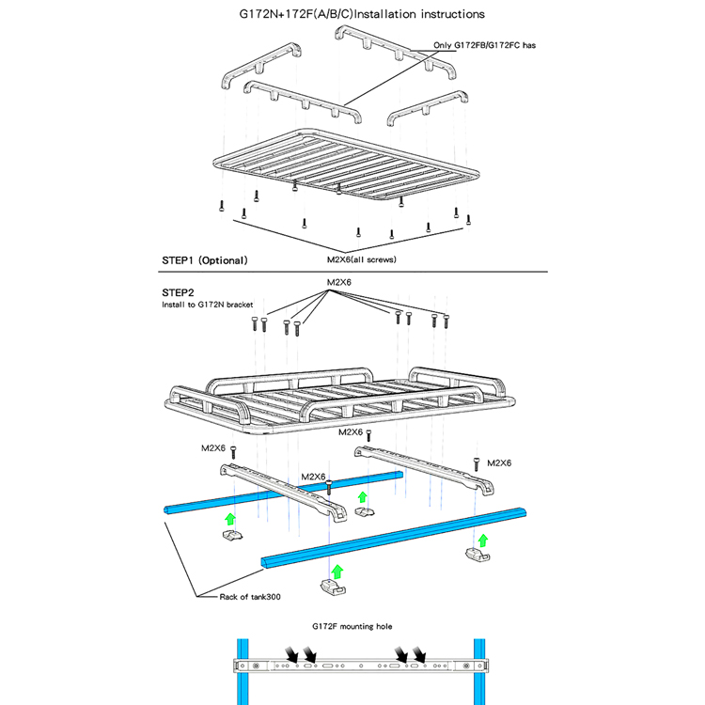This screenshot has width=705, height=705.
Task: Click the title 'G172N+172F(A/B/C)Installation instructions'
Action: click(x=362, y=14)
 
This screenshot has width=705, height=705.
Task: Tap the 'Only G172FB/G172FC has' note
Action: click(x=484, y=45)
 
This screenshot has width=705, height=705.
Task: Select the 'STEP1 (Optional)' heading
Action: click(x=205, y=260)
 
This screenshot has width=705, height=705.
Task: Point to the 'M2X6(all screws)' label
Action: click(x=362, y=259)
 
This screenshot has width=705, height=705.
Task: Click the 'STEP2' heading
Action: click(x=178, y=292)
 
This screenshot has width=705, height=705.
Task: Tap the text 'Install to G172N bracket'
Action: click(x=208, y=305)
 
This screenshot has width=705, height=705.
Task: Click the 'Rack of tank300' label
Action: click(x=250, y=597)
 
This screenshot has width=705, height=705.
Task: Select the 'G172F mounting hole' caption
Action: click(x=352, y=626)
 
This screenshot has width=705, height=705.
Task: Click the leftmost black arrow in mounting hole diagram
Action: click(x=291, y=654)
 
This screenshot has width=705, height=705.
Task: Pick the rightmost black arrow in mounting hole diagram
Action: click(x=419, y=654)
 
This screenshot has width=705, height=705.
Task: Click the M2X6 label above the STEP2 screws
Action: click(x=339, y=282)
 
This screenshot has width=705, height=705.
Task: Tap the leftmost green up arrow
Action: click(x=230, y=519)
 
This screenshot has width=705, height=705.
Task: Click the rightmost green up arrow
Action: click(x=483, y=540)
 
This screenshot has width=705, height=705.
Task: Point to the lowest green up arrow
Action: click(x=337, y=572)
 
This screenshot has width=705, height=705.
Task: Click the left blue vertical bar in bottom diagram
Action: click(x=243, y=672)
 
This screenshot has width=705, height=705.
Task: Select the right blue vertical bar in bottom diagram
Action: click(x=479, y=672)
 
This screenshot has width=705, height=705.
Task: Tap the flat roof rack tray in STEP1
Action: click(x=346, y=165)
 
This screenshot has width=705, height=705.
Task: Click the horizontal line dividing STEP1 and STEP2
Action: click(x=352, y=272)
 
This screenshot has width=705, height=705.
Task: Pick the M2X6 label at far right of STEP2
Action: click(x=499, y=463)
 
